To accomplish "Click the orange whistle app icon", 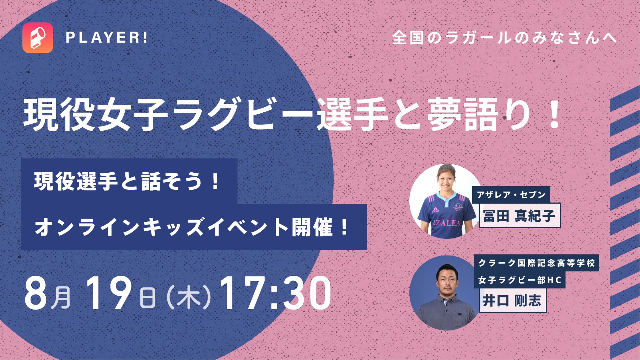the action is pos(38,38).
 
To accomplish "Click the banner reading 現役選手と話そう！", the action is pos(129,181).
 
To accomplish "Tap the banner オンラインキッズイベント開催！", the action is pos(194,227).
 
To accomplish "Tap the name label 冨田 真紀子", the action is pos(519,215).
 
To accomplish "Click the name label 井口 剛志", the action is pos(512,301).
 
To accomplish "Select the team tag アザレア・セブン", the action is pos(511,194).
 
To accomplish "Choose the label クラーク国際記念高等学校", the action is pos(537,263).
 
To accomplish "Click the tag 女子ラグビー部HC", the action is pos(520,280).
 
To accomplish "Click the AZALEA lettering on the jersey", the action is pos(447,223).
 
